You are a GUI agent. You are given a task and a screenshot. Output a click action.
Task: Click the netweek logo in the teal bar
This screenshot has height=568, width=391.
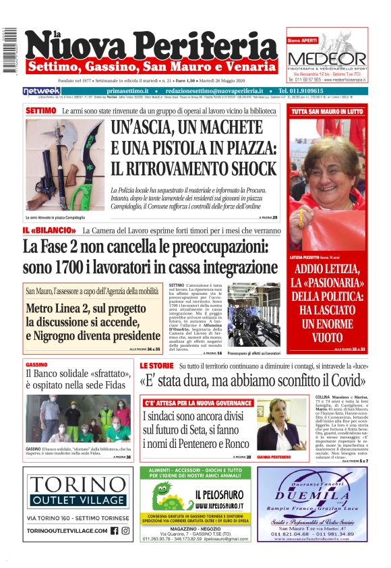[42, 91]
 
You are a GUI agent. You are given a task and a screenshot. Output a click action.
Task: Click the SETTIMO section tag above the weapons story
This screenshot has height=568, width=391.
[40, 110]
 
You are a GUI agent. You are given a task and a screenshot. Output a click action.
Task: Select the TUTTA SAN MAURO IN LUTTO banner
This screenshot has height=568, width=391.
[327, 111]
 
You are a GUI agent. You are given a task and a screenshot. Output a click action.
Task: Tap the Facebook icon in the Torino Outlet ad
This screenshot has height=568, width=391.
[113, 530]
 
